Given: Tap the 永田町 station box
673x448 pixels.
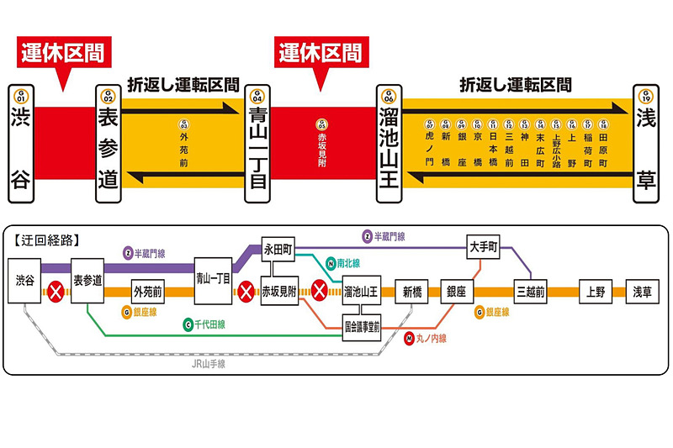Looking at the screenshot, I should pyautogui.click(x=278, y=249).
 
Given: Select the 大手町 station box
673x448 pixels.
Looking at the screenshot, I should pyautogui.click(x=484, y=249).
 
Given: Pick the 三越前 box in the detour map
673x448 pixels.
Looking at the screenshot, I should pyautogui.click(x=532, y=293).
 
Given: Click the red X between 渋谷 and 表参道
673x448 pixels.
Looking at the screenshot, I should pyautogui.click(x=56, y=293).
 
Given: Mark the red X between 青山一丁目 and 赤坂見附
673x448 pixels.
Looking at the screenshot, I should pyautogui.click(x=246, y=293).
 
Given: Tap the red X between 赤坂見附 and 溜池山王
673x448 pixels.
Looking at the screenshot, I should pyautogui.click(x=320, y=293).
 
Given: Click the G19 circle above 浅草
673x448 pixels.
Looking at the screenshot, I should pyautogui.click(x=646, y=94).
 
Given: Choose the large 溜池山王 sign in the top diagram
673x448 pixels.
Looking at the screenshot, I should pyautogui.click(x=388, y=145).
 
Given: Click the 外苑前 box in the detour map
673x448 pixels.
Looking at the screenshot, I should pyautogui.click(x=148, y=293).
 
